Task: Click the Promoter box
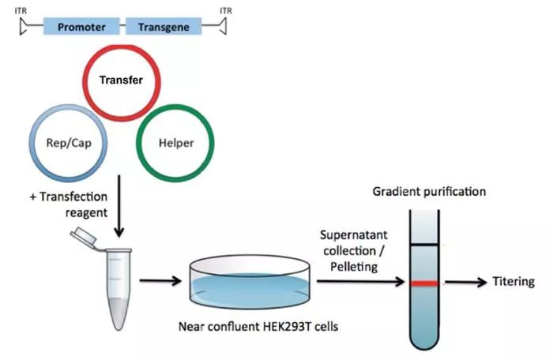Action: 82,26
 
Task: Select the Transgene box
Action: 164,26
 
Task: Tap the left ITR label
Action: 21,9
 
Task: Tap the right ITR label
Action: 225,9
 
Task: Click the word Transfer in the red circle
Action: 121,79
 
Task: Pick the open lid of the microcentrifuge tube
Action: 81,234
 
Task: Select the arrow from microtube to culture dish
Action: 160,279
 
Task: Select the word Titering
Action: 513,282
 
